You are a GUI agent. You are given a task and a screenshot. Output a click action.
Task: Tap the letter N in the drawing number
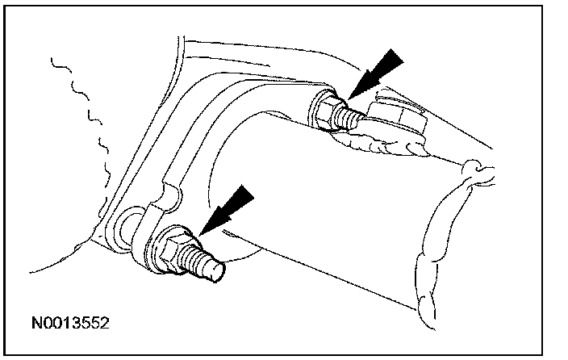point(35,324)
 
